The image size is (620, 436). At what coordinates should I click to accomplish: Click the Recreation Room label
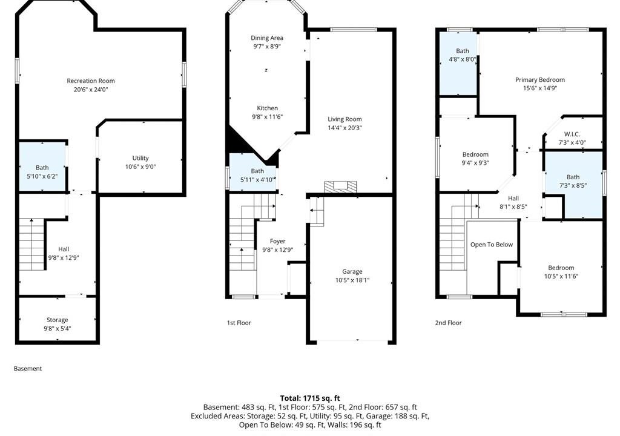pos(91,81)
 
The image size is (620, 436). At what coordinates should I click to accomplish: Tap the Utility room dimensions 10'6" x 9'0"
pos(140,167)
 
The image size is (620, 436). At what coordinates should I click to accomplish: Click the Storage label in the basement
pos(58,320)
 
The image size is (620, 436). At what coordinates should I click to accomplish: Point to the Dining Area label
pos(267,38)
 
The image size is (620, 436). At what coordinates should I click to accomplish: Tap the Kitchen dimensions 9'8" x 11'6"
pos(267,117)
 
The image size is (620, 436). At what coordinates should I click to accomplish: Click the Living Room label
pos(345,119)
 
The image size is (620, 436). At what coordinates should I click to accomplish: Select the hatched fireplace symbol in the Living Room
pos(340,187)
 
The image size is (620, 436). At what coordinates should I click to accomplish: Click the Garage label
pos(352,271)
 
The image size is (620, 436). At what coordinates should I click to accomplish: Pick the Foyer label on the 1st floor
pos(277,241)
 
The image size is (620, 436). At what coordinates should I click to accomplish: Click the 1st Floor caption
pos(239,323)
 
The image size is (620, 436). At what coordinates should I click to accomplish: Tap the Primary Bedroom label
pos(539,79)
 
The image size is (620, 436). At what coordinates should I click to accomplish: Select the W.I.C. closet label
pos(572,134)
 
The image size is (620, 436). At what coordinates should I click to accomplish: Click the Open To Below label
pos(492,245)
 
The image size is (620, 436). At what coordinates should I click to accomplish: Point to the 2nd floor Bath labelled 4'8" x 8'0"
pos(459,64)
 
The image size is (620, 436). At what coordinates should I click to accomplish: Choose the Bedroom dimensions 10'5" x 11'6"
pos(561,276)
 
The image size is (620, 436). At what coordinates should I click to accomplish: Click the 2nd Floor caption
pos(449,323)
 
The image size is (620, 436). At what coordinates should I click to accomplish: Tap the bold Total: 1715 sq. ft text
pos(310,398)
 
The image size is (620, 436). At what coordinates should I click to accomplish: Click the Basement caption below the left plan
pos(28,368)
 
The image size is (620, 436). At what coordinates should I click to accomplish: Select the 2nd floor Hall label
pos(513,198)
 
